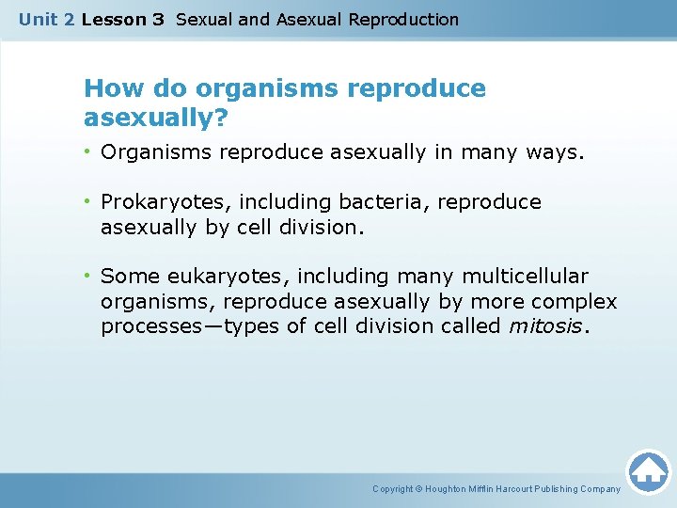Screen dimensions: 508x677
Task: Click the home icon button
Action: point(648,470)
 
